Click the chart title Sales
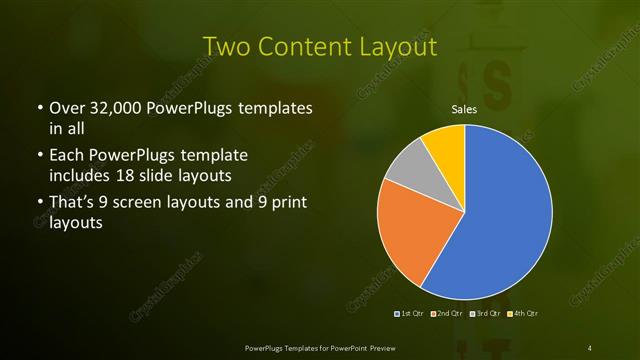pyautogui.click(x=464, y=108)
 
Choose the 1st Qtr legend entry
pyautogui.click(x=409, y=314)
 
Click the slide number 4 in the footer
pyautogui.click(x=590, y=347)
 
